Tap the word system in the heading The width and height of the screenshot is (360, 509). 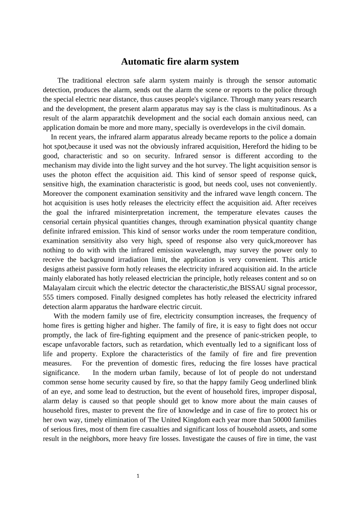(225, 62)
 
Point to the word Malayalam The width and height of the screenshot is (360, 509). (58, 288)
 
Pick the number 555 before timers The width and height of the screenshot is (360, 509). (48, 297)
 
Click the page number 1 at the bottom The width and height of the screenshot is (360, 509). (138, 476)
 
